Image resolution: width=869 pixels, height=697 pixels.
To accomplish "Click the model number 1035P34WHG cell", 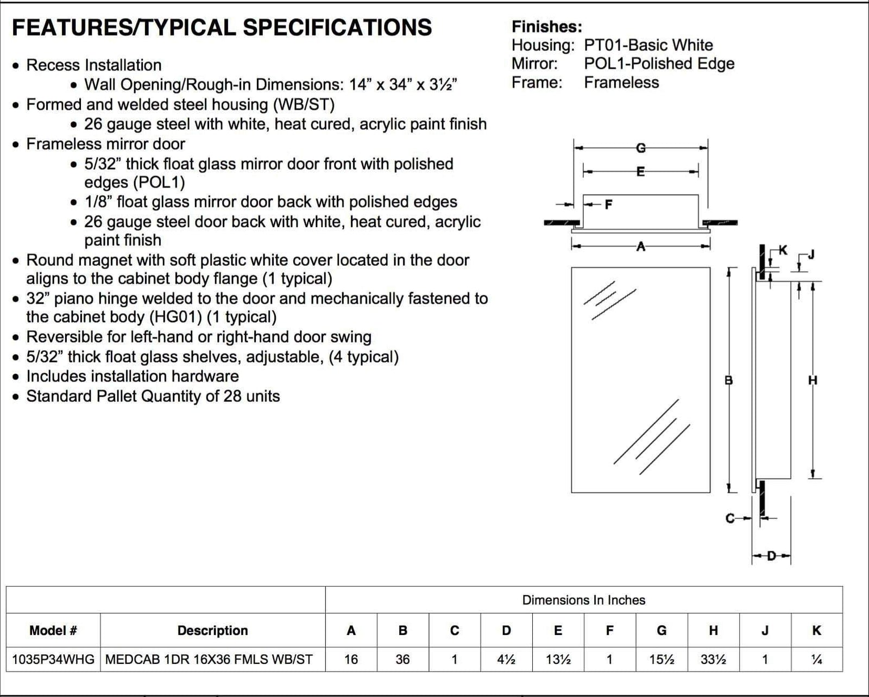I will point(53,660).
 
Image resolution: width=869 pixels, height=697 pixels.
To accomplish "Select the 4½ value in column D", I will point(506,660).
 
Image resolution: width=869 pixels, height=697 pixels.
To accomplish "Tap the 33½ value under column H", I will point(713,660).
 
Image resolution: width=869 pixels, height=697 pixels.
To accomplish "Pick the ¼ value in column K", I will point(816,660).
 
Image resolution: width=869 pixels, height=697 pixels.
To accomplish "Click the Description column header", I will point(212,630).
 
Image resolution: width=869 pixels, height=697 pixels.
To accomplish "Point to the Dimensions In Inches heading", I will point(584,600).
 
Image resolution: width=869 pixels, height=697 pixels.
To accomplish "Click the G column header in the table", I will point(662,630).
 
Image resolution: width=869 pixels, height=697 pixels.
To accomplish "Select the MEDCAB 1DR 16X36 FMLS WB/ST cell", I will point(209,660).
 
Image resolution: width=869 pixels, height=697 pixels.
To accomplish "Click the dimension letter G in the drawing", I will point(641,148).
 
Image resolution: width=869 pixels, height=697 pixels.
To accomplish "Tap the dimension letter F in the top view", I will point(608,205).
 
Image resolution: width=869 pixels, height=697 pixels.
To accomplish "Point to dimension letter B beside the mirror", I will point(729,380).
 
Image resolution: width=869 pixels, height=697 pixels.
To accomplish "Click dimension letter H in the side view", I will point(813,380).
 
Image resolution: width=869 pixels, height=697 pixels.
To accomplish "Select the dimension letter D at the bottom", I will point(771,556).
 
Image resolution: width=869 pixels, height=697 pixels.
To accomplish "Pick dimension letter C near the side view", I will point(731,518).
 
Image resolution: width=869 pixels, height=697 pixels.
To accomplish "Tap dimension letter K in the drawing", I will point(783,250).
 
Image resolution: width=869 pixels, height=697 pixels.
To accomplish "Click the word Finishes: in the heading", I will point(547,27).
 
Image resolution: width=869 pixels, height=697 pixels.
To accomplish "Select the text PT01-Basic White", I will point(648,45).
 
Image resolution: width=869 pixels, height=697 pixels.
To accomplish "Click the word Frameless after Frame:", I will point(621,83).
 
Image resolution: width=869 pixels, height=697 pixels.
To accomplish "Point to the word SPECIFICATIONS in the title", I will point(337,28).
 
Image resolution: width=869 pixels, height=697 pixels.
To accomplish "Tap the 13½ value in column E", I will point(558,660).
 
